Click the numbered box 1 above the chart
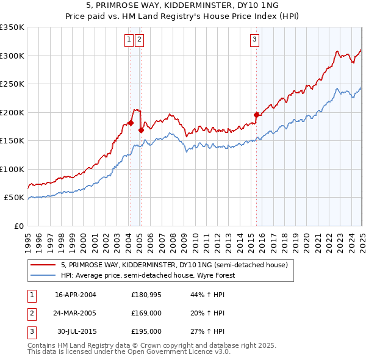pos(130,40)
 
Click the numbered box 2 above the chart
pos(140,40)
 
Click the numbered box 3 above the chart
pos(254,40)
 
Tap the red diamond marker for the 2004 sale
pos(131,123)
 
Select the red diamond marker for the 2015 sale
pos(256,115)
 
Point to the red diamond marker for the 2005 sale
pos(141,129)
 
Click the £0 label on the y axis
pos(18,226)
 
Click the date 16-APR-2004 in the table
pos(76,295)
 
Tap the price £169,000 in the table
pos(146,313)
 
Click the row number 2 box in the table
pos(30,313)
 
